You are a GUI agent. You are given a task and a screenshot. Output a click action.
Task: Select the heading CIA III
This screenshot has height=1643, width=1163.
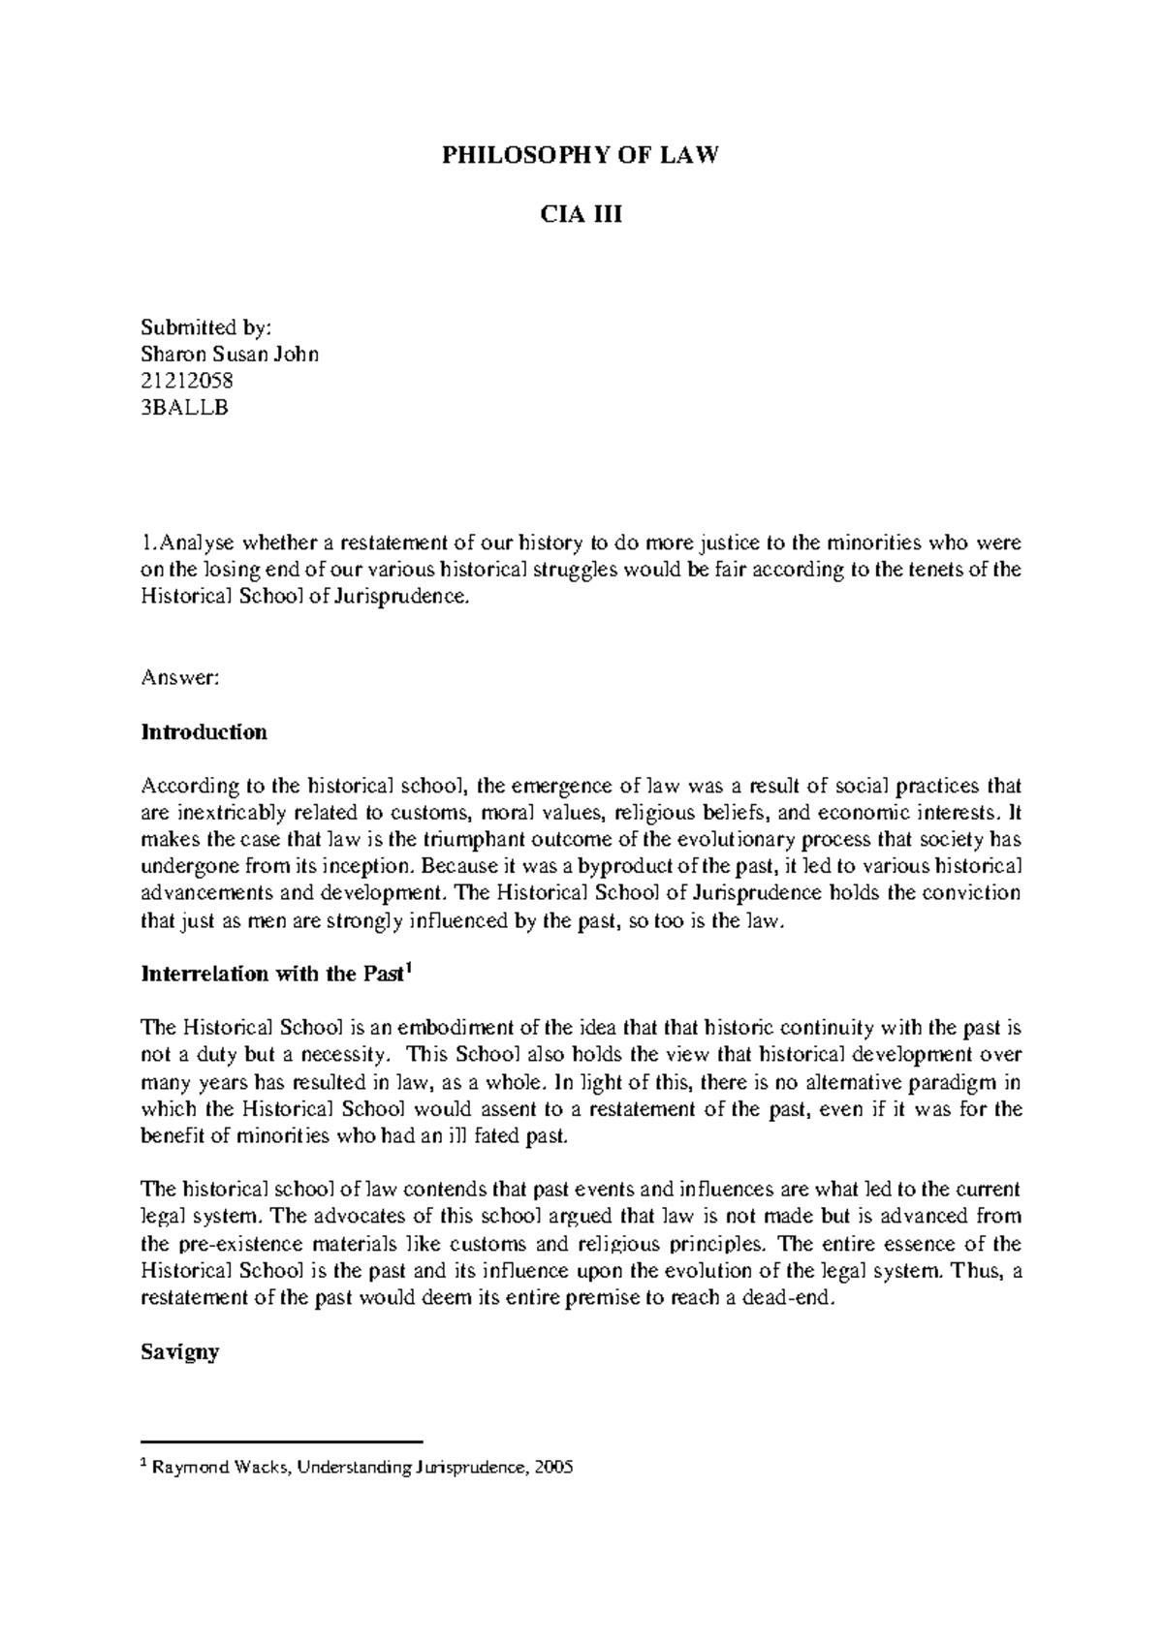pyautogui.click(x=581, y=215)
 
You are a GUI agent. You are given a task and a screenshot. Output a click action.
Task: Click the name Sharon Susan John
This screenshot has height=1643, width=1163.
pyautogui.click(x=230, y=354)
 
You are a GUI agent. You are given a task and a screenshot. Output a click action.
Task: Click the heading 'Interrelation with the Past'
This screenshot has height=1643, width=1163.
pyautogui.click(x=272, y=975)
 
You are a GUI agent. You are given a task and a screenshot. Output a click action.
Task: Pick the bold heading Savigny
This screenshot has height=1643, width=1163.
pyautogui.click(x=180, y=1351)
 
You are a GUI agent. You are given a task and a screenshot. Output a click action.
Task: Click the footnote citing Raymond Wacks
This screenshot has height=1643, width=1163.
pyautogui.click(x=359, y=1468)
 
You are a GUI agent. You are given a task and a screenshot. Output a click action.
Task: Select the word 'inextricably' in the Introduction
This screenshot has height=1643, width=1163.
pyautogui.click(x=224, y=812)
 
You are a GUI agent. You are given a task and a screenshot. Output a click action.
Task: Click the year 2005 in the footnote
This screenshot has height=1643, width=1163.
pyautogui.click(x=553, y=1468)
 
